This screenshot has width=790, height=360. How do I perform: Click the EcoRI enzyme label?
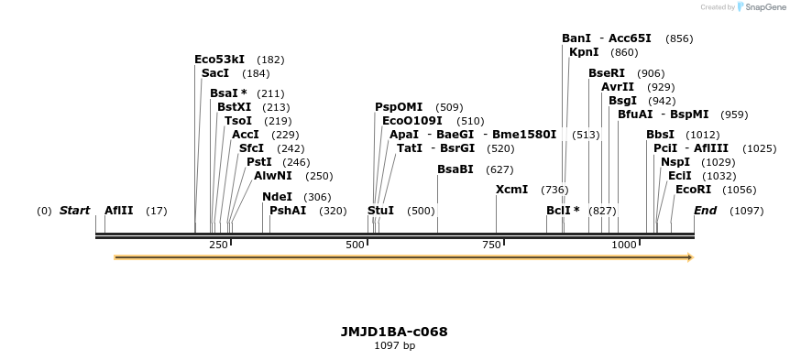(693, 190)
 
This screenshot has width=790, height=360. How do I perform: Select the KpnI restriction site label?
(584, 52)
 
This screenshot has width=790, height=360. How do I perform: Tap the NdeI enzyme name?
(277, 197)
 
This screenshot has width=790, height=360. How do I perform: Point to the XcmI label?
(511, 190)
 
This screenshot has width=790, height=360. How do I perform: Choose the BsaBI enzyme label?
(455, 169)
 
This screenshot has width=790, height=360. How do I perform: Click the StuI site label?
(380, 211)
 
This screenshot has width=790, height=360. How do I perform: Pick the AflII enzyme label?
(119, 211)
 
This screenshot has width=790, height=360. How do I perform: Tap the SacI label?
(215, 73)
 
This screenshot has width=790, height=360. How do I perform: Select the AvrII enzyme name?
(618, 87)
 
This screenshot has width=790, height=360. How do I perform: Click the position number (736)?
(554, 190)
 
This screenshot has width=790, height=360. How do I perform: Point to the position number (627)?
(499, 169)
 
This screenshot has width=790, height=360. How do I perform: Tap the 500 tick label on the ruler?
(356, 245)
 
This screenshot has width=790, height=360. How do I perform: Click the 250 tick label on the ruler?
(218, 245)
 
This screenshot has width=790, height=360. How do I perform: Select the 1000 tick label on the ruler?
(624, 245)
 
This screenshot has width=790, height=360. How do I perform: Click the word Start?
(75, 211)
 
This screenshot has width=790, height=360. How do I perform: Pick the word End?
(706, 211)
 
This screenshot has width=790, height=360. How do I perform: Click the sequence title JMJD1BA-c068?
(394, 332)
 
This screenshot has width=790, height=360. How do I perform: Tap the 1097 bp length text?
(394, 346)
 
